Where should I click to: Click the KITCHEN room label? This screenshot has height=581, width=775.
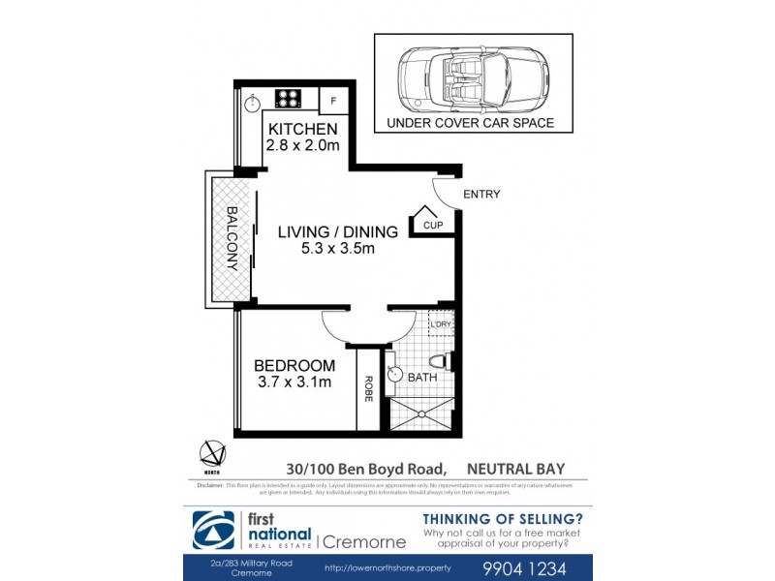(302, 129)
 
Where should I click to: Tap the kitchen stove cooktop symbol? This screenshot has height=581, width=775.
(288, 98)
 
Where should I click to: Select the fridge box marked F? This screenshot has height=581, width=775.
(333, 100)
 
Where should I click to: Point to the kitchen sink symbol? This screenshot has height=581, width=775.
(252, 100)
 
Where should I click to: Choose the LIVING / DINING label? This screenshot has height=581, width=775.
(337, 232)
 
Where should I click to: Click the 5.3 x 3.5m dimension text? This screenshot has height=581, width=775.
(337, 249)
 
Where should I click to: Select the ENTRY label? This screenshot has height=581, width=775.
(481, 195)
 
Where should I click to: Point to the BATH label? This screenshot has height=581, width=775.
(421, 378)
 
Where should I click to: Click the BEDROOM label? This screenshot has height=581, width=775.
(294, 366)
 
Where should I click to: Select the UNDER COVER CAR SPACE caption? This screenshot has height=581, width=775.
(470, 123)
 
